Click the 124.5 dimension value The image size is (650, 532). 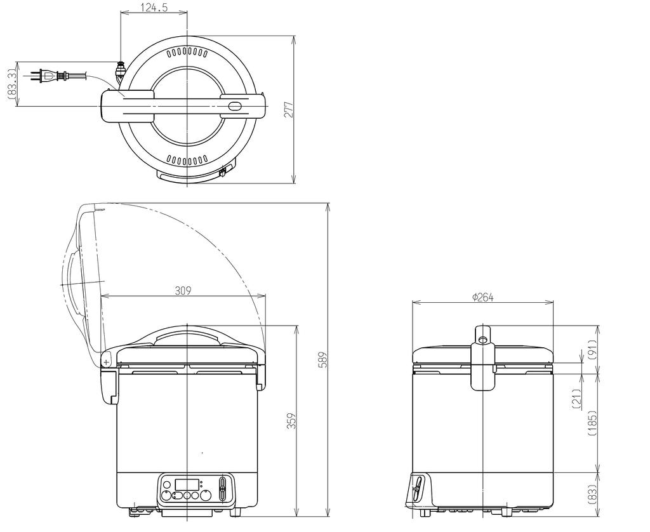(154, 8)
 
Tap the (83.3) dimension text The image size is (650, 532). (12, 84)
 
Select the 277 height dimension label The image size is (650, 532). (289, 109)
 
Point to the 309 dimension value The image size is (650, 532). (183, 290)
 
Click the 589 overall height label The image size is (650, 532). (323, 359)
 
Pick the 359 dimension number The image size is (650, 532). (292, 420)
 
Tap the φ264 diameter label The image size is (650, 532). (483, 297)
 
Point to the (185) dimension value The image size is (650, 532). (592, 422)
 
